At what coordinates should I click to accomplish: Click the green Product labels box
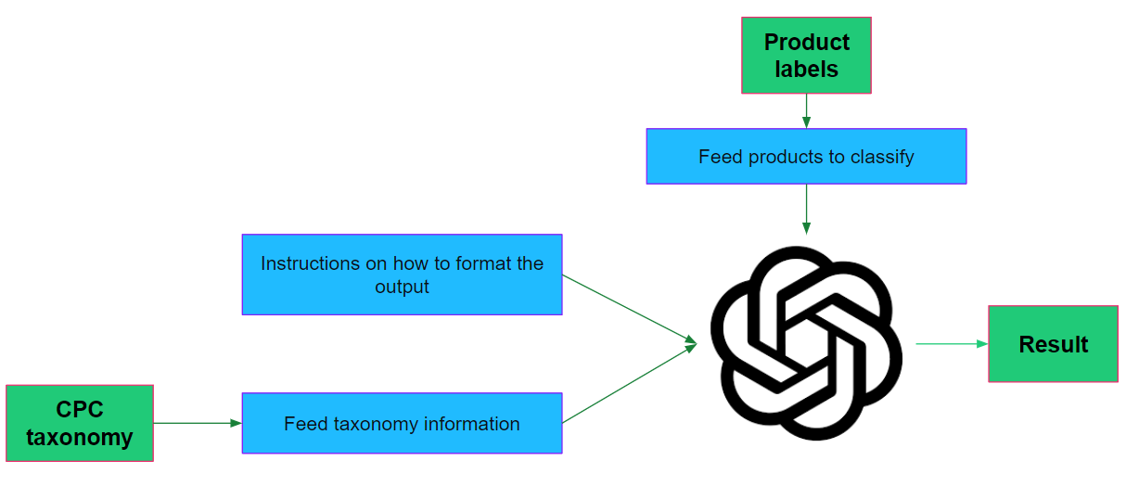[x=806, y=55]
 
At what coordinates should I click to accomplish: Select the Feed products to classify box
[x=806, y=156]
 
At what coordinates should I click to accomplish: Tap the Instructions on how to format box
[x=402, y=275]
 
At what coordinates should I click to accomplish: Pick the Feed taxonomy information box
[x=402, y=423]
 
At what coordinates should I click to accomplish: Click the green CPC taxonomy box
[x=79, y=423]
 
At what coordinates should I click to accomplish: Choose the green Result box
[x=1053, y=344]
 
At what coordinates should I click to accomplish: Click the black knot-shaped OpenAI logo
[x=805, y=343]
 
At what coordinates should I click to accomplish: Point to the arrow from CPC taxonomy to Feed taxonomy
[x=197, y=423]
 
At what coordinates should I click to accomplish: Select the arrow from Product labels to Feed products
[x=806, y=111]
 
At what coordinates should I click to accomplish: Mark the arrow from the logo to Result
[x=952, y=344]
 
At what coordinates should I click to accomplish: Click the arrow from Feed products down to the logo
[x=806, y=210]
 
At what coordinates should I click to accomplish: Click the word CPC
[x=80, y=409]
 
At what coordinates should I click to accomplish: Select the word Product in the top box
[x=806, y=43]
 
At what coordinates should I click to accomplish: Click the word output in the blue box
[x=402, y=287]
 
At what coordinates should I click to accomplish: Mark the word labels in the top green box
[x=806, y=70]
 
